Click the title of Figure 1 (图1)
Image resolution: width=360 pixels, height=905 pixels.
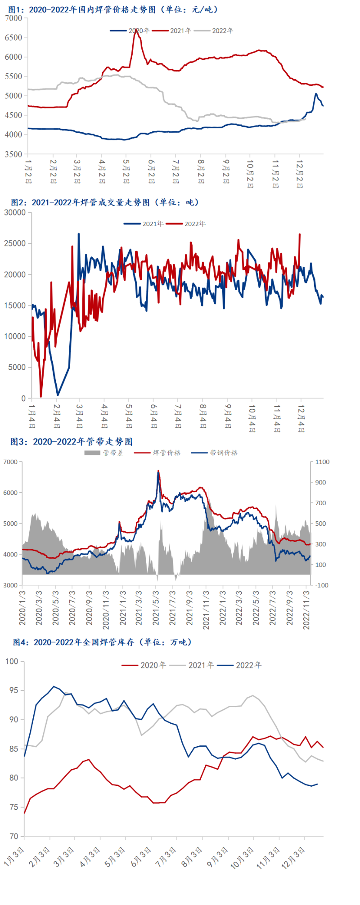click(112, 9)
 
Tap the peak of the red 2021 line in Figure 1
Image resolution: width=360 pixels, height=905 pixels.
click(135, 30)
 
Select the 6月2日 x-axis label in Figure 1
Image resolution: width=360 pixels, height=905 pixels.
click(151, 171)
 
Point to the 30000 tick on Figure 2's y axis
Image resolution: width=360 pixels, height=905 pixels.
click(15, 212)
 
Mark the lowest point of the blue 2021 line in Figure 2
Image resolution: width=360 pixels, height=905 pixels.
click(58, 395)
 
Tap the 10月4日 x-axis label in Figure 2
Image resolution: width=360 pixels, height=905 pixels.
click(252, 418)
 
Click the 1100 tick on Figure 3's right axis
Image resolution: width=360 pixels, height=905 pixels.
click(322, 462)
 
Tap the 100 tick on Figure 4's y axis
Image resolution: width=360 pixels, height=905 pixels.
click(12, 661)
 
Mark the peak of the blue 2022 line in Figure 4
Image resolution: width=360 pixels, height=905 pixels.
click(54, 686)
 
